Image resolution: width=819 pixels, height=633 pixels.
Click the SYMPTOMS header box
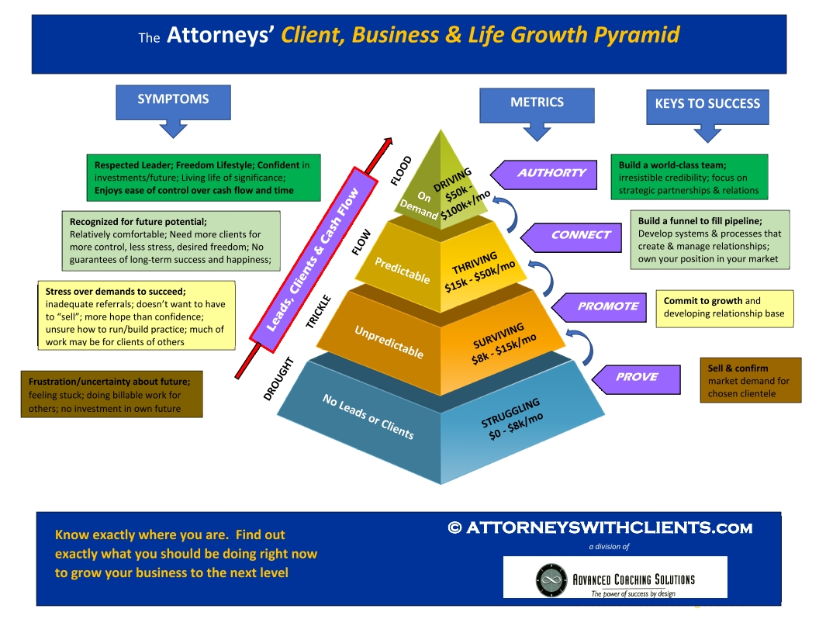coord(173,102)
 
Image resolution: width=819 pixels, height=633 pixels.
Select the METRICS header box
coord(537,105)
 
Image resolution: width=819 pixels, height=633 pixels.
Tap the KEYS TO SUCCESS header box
coord(707,106)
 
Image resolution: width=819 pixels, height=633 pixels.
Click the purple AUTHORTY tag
coord(544,175)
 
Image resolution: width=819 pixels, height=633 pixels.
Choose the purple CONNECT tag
coord(572,237)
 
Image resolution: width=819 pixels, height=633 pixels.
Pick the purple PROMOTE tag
coord(600,307)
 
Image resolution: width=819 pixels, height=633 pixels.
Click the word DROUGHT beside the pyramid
coord(279,379)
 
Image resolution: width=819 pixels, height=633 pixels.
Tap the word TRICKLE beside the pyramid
coord(319,312)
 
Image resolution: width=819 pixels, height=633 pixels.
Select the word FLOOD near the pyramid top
coord(401,171)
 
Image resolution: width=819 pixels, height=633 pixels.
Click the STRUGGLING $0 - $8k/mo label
coord(513,420)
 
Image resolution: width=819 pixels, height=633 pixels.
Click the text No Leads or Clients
coord(368,417)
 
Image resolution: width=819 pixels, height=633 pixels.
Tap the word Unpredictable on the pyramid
coord(389,342)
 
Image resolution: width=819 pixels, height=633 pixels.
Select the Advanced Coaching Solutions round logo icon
coord(551,579)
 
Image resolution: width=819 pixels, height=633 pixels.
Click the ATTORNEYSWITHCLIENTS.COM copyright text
coord(600,528)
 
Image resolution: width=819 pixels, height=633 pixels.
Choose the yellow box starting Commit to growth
coord(724,309)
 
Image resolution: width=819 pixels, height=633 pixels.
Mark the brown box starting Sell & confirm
coord(751,380)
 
